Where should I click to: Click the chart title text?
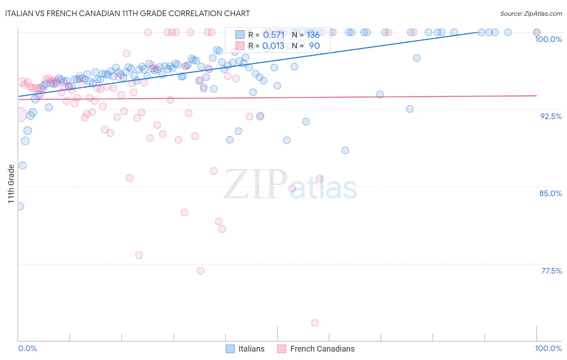tap(127, 13)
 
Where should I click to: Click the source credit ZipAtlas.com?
tap(531, 13)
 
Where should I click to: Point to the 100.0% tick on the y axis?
tap(548, 39)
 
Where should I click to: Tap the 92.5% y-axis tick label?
tap(551, 116)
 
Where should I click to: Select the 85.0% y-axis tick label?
tap(550, 193)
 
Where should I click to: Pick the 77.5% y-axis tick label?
tap(551, 271)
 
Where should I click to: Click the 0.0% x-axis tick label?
tap(27, 348)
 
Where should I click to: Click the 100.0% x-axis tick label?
tap(548, 348)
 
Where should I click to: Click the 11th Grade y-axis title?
tap(11, 184)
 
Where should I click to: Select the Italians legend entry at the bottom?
tap(245, 349)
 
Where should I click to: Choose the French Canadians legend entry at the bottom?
tap(316, 349)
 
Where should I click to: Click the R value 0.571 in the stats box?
tap(273, 35)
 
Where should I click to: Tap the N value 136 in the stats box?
tap(313, 35)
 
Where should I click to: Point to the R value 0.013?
tap(273, 46)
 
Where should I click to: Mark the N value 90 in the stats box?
tap(314, 46)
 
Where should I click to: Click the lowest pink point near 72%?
tap(315, 323)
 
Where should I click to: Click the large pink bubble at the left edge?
tap(19, 115)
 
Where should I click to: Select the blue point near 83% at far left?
tap(20, 206)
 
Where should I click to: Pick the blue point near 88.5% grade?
tap(345, 151)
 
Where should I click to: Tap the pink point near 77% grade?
tap(200, 271)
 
